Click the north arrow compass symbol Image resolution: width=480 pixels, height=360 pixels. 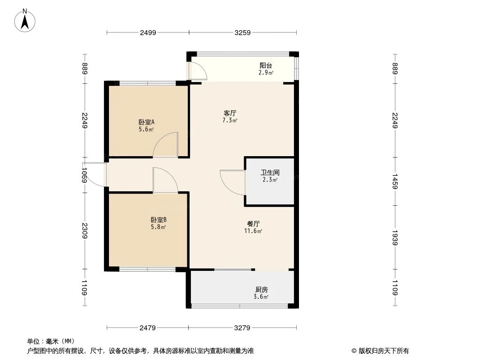point(25,20)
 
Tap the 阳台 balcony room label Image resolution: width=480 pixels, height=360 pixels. point(266,65)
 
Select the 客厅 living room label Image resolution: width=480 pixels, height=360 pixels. point(230,113)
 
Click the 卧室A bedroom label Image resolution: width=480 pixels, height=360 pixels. point(146,122)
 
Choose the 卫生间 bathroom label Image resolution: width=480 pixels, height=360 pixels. point(270,172)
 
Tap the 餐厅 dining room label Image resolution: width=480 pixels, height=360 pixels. point(254,224)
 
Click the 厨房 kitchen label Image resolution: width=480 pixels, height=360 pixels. point(261,290)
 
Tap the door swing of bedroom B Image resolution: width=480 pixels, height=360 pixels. point(164,180)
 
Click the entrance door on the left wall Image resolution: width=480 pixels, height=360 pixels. point(95,175)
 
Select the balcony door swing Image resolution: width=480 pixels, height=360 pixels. point(196,71)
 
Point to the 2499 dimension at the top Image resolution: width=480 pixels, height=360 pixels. point(148,32)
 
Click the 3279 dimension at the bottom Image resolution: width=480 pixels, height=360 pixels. point(242,328)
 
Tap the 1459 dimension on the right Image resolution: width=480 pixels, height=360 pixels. point(395,181)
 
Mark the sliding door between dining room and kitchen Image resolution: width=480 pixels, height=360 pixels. point(233,270)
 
